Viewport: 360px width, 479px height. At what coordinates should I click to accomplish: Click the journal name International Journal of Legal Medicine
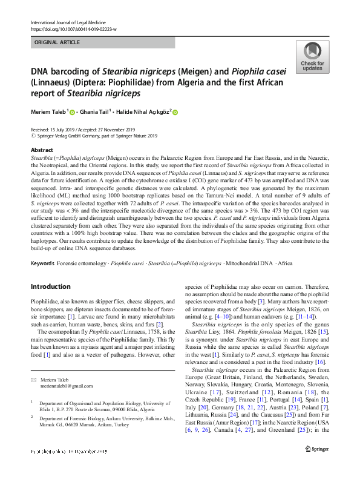point(68,22)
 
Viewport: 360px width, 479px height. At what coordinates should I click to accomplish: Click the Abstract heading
point(41,149)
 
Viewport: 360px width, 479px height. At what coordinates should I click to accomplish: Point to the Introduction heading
point(50,286)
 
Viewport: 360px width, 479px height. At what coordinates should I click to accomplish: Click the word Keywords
point(42,264)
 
